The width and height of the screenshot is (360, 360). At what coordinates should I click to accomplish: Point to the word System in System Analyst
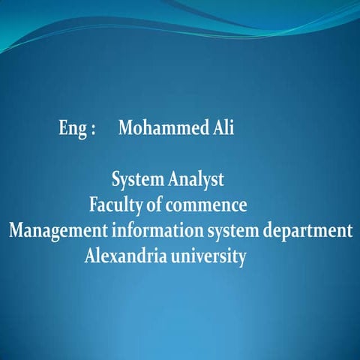pos(137,181)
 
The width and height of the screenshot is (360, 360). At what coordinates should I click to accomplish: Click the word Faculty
pos(115,205)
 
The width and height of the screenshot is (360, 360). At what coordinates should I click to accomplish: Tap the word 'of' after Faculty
pos(154,205)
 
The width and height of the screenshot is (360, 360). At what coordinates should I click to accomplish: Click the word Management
pos(58,230)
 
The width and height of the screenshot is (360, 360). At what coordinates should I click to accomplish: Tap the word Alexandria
pos(126,256)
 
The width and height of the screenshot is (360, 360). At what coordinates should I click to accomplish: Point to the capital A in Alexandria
pos(90,256)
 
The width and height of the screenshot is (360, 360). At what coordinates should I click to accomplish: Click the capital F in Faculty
pos(93,204)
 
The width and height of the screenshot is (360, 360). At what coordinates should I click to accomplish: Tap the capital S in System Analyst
pos(116,181)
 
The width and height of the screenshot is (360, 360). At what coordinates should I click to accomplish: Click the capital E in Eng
pos(63,127)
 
